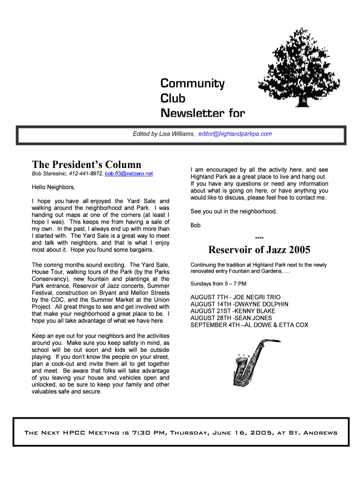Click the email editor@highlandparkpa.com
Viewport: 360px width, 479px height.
point(235,134)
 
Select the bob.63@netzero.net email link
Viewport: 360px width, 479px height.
point(129,174)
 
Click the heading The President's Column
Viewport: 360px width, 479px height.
point(86,164)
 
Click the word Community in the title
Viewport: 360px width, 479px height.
point(193,84)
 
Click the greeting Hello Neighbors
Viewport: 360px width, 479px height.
point(53,187)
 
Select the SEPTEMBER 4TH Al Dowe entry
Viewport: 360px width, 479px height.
point(249,325)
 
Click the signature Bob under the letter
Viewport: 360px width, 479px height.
point(195,225)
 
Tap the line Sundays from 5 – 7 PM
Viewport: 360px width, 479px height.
point(219,284)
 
